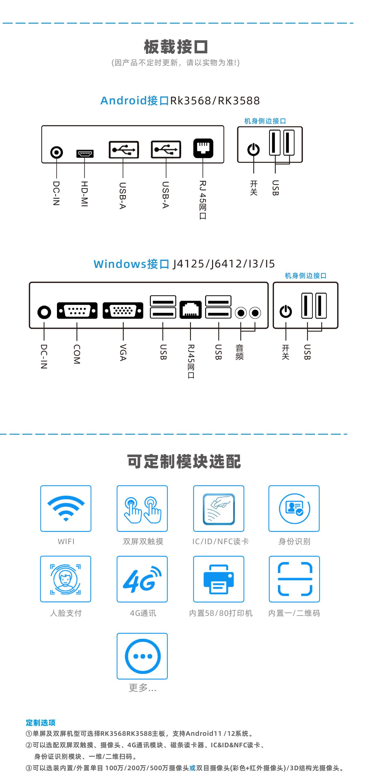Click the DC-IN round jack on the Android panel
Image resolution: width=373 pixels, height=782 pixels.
coord(56,152)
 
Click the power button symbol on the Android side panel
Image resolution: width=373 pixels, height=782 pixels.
coord(254,150)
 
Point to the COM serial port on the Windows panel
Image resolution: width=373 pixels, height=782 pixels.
coord(77,311)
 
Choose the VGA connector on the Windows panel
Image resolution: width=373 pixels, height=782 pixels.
coord(123,311)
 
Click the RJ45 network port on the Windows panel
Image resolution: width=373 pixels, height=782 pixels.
coord(190,310)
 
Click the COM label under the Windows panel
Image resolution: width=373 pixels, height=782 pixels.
coord(77,354)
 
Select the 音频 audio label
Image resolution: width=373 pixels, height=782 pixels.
coord(239,352)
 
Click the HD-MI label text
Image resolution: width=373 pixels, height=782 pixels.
coord(84,194)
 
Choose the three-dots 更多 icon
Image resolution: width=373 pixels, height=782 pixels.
coord(142,656)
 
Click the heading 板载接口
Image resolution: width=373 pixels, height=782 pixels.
coord(176,47)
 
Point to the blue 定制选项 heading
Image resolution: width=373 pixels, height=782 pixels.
coord(41,722)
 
